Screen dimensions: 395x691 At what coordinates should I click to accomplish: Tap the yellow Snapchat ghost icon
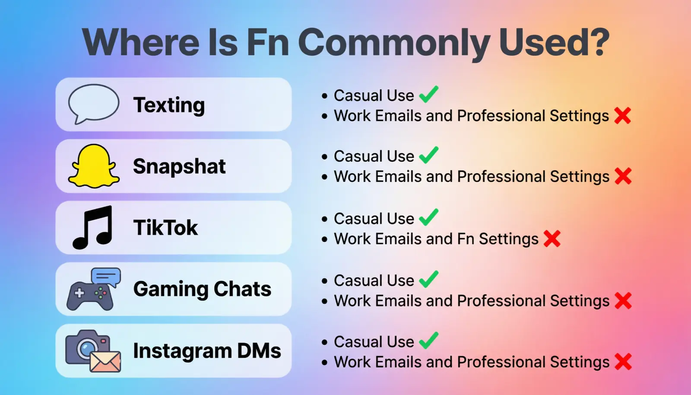click(x=94, y=166)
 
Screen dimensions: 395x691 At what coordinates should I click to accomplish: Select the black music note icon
click(x=93, y=227)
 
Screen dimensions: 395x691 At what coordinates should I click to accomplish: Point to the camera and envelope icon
click(x=93, y=351)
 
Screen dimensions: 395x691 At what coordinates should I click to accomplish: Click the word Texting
click(x=169, y=105)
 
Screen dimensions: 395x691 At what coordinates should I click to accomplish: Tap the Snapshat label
click(x=179, y=166)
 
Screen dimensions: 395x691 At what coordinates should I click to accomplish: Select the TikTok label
click(x=165, y=228)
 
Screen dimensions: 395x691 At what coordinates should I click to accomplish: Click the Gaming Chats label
click(x=202, y=289)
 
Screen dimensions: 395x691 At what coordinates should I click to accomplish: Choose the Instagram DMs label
click(x=207, y=351)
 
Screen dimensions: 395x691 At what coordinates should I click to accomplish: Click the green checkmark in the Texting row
click(x=428, y=95)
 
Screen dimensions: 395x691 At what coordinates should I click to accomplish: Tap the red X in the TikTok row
click(x=552, y=239)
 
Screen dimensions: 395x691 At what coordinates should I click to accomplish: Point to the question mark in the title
click(x=598, y=42)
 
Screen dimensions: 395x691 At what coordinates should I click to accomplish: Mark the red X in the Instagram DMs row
click(x=623, y=362)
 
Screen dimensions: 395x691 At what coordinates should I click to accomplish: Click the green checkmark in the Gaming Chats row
click(x=428, y=280)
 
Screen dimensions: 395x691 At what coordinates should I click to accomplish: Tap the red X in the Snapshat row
click(x=623, y=176)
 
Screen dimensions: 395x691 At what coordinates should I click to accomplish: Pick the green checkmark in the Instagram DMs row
click(x=428, y=341)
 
